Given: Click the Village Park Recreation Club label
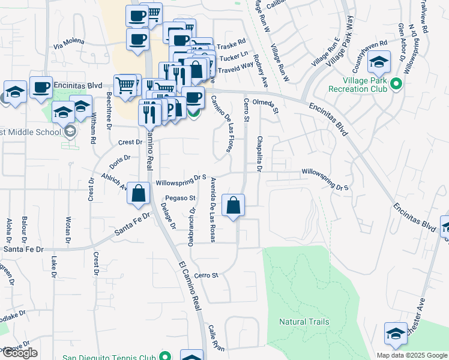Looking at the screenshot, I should coord(358,85).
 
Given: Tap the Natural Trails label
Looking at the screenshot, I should coord(304,322).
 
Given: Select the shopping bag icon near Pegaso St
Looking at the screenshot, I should coord(139,194).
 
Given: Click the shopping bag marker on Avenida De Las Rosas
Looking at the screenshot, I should coord(234,205).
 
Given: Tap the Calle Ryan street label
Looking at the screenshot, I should coord(216,338).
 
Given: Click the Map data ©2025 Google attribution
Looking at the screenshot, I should coord(411,355).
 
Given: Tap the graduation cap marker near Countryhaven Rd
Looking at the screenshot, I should coord(379,62).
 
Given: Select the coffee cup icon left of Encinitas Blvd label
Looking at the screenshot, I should coord(41,87).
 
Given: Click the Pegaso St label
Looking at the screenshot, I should coord(181,197).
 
